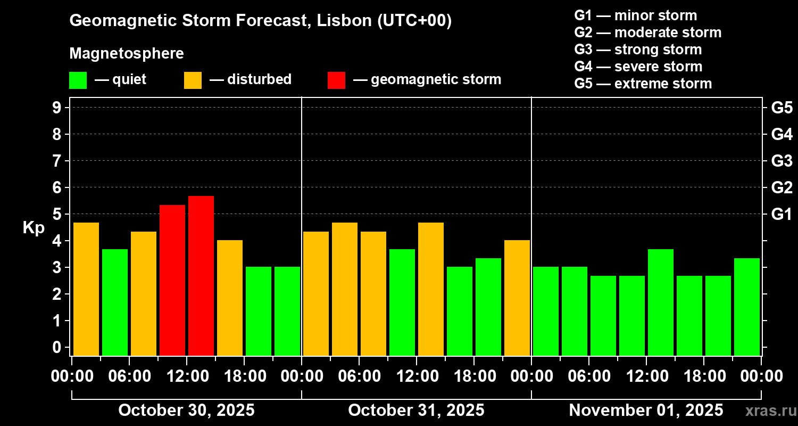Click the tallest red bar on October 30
[x=201, y=275]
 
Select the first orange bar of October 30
[x=86, y=289]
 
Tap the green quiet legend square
[x=78, y=80]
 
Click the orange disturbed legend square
[x=193, y=80]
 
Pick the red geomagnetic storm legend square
[x=336, y=80]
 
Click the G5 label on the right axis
[x=782, y=108]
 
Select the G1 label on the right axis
[x=782, y=214]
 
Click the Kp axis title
[x=34, y=228]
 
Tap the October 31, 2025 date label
[x=416, y=410]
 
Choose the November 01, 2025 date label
[x=646, y=410]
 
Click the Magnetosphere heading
[x=127, y=54]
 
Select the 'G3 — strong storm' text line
[x=638, y=50]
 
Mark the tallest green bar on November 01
[x=661, y=302]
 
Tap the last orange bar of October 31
[x=517, y=298]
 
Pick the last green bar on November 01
[x=747, y=307]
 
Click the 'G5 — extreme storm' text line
[x=643, y=84]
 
